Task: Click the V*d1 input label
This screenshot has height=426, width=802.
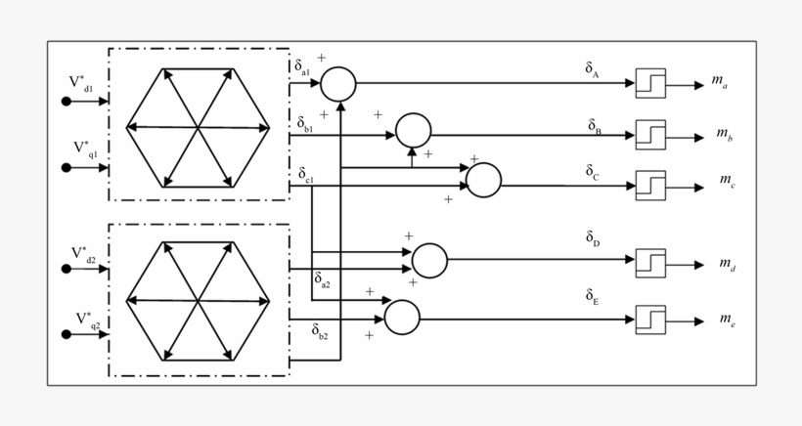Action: (x=81, y=84)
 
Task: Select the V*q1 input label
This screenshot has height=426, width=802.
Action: (x=85, y=149)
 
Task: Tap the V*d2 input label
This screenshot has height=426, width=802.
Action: (x=83, y=253)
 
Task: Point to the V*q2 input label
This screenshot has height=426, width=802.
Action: (x=87, y=319)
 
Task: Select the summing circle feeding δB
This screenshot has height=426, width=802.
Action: (x=413, y=130)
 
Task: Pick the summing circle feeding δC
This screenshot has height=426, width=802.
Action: (x=483, y=180)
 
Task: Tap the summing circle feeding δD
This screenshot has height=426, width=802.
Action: (x=429, y=261)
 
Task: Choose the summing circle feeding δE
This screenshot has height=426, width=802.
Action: (x=402, y=317)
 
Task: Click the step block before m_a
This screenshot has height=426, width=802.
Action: (x=650, y=84)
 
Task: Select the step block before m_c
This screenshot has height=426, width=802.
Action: (x=650, y=183)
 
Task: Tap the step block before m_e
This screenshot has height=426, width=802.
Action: (x=650, y=319)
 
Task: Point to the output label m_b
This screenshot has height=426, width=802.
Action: (x=726, y=133)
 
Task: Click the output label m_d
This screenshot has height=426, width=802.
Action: (x=728, y=264)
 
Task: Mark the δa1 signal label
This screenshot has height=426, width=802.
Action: (x=302, y=67)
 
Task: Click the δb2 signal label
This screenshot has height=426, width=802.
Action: (x=320, y=332)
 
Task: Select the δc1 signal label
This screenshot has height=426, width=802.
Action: (x=305, y=176)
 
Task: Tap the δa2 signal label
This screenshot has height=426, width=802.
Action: (x=322, y=280)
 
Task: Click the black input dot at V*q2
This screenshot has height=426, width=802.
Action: (x=67, y=335)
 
